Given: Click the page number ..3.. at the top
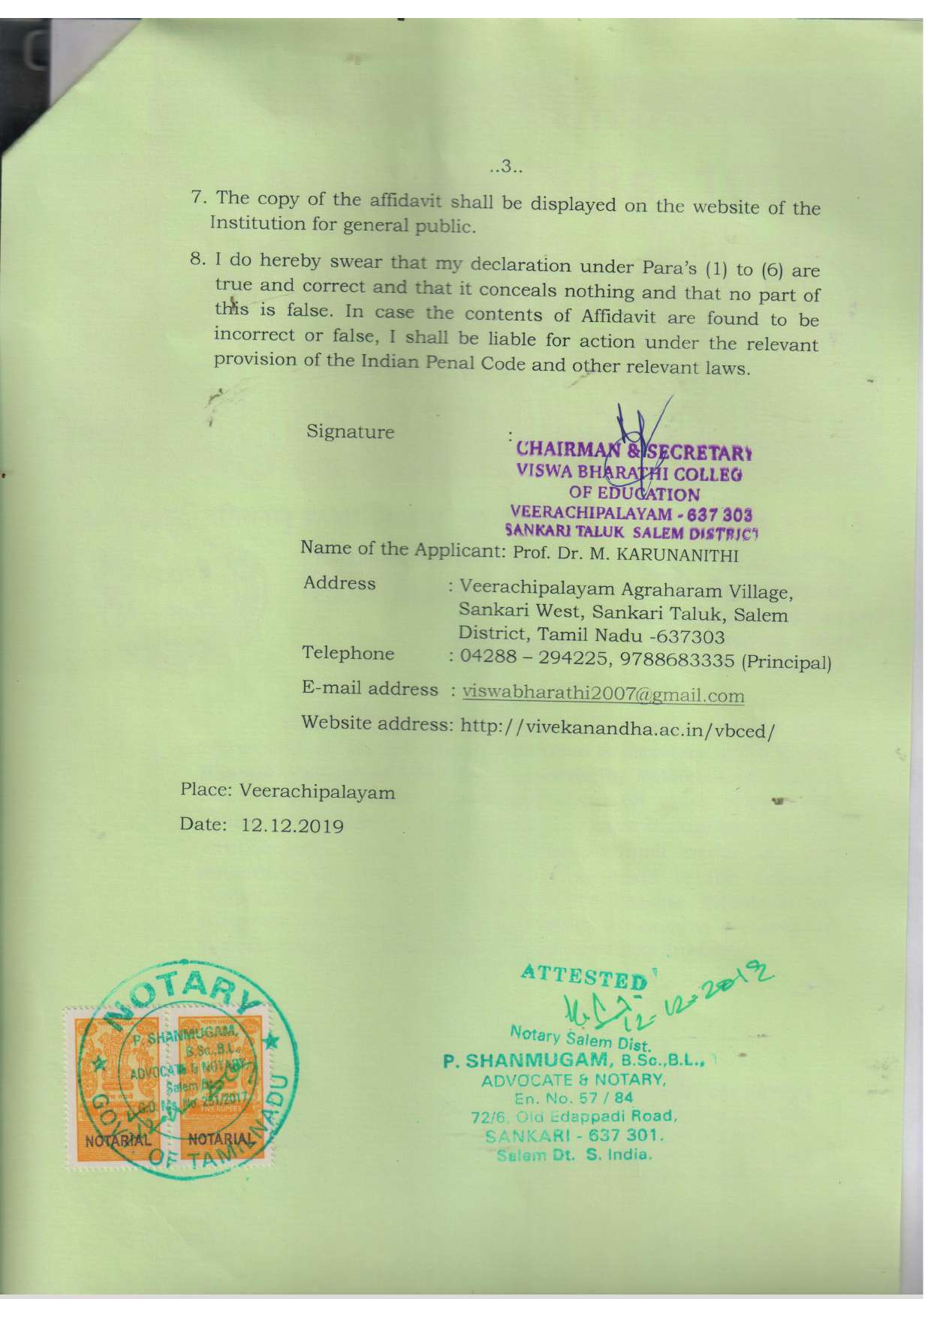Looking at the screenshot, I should (x=505, y=167).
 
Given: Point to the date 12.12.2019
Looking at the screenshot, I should (x=292, y=826).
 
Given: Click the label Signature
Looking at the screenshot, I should (x=350, y=431).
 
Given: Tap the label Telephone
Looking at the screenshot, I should (x=348, y=653).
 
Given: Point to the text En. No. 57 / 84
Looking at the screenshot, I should (x=573, y=1099).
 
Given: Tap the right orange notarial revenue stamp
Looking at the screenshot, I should (x=218, y=1084).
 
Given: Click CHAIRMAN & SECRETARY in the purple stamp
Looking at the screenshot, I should (x=634, y=451).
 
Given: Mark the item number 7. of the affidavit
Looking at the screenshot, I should (x=198, y=197).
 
